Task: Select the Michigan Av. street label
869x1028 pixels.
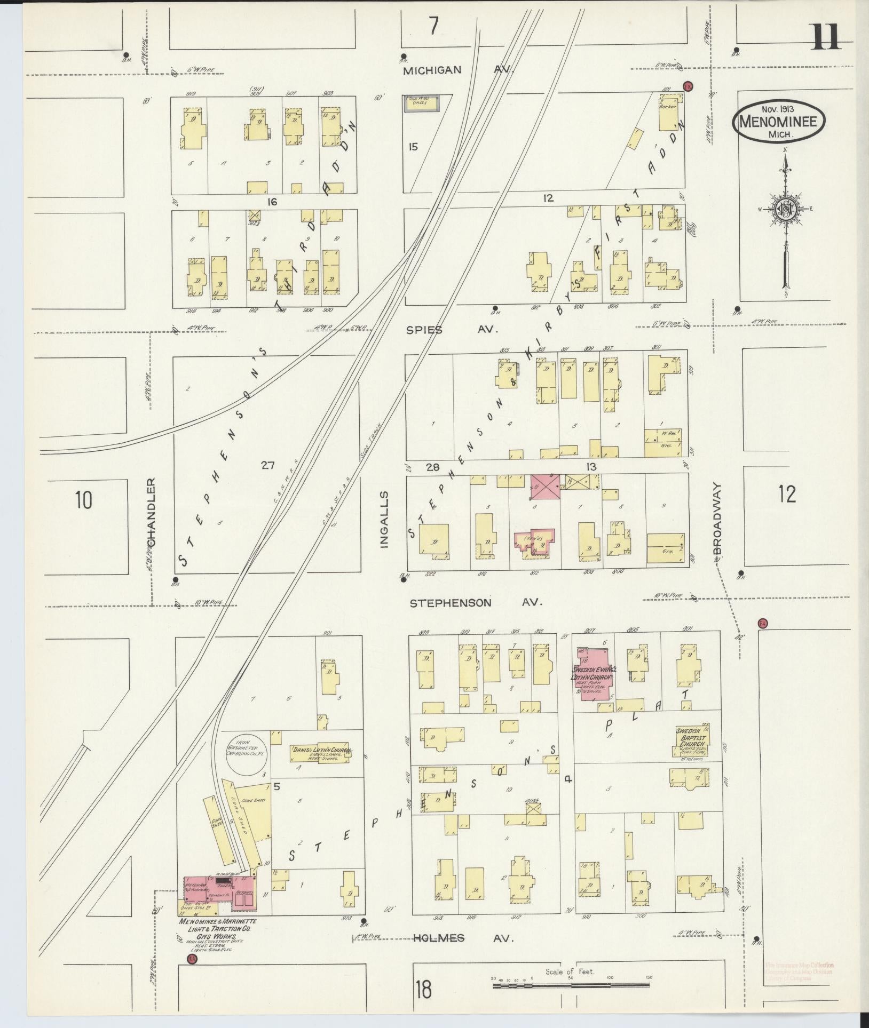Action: click(457, 70)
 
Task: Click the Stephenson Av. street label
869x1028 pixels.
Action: click(475, 603)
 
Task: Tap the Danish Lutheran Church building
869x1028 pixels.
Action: click(320, 752)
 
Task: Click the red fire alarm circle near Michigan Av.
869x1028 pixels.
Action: click(688, 86)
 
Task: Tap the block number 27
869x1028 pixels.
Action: click(267, 465)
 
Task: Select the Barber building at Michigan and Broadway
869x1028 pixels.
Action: click(668, 113)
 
